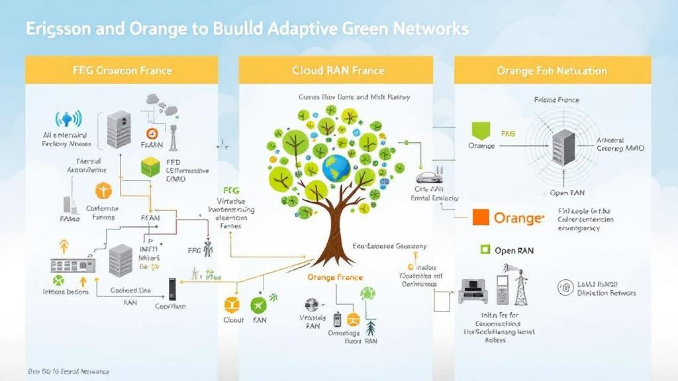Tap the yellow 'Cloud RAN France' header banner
click(x=336, y=70)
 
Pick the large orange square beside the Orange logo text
click(x=481, y=217)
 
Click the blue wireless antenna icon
click(x=68, y=120)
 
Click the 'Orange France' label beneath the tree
click(x=334, y=278)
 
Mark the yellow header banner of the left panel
click(x=121, y=70)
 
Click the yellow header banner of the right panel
click(x=552, y=70)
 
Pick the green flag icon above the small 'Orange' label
click(x=481, y=130)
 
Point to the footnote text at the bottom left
click(x=69, y=372)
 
